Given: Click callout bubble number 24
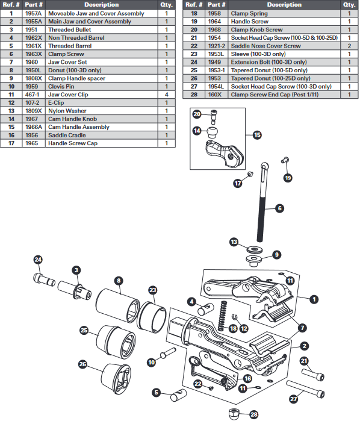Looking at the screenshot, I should (39, 260).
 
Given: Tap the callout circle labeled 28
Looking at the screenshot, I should (253, 414).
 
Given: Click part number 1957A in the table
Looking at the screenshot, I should (34, 13).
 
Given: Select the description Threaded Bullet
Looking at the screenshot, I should (70, 30).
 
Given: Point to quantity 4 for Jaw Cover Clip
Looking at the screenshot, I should (167, 95).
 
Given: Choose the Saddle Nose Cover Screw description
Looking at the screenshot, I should (265, 46).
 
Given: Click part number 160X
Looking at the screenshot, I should (215, 95).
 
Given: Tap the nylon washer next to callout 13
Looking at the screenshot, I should (251, 248).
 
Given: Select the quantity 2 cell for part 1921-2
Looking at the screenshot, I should (349, 46).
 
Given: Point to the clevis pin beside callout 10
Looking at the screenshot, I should (166, 351).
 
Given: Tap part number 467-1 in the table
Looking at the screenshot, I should (34, 95).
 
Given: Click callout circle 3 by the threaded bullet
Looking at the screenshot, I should (77, 270).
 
